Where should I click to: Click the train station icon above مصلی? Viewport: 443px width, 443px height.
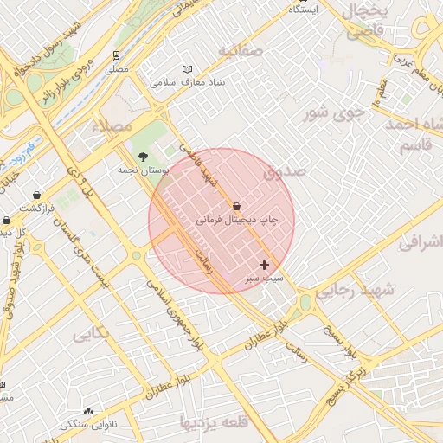(x=116, y=55)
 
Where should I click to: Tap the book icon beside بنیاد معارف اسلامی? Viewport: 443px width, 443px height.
(x=188, y=69)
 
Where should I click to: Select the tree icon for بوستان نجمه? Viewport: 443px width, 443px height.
(x=142, y=156)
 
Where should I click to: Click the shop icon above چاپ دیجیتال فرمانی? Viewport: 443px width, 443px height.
(x=237, y=206)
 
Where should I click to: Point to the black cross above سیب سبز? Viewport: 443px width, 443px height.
(x=264, y=265)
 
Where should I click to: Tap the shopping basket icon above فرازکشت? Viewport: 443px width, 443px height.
(x=35, y=196)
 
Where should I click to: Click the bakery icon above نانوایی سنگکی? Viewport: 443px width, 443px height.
(x=88, y=411)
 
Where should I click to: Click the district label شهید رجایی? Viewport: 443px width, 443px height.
(x=354, y=291)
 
